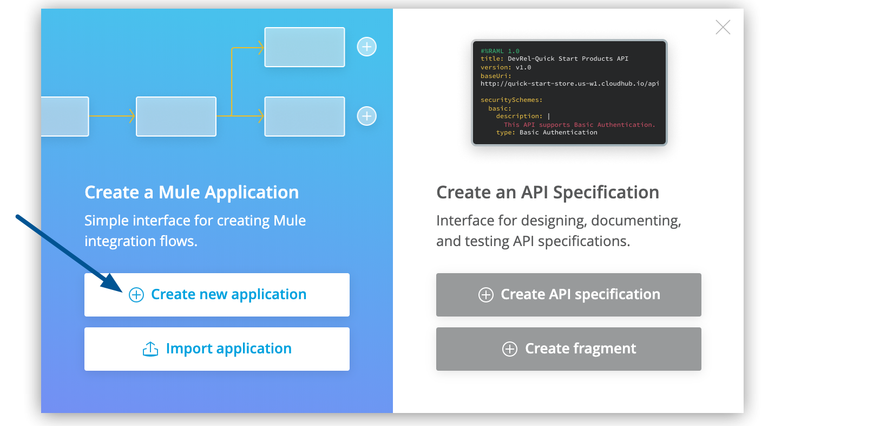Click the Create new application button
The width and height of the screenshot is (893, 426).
[217, 295]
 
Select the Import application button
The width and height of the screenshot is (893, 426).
[217, 349]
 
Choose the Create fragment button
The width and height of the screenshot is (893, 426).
[568, 349]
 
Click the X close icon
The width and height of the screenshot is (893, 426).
[723, 27]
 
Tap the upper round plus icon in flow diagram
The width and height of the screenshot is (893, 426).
[366, 47]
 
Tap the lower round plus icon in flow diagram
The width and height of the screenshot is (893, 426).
[366, 116]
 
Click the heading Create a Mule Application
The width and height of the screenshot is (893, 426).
[192, 192]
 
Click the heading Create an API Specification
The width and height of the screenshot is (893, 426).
[547, 192]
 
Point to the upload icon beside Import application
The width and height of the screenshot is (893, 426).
[150, 349]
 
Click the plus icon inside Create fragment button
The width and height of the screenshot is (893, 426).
[509, 349]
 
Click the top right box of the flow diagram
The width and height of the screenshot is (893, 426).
[304, 47]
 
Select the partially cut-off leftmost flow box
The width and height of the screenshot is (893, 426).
[65, 117]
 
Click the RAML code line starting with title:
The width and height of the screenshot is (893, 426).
[554, 59]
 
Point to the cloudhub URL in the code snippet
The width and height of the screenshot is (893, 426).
[569, 83]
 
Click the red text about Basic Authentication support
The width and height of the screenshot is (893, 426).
[579, 125]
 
